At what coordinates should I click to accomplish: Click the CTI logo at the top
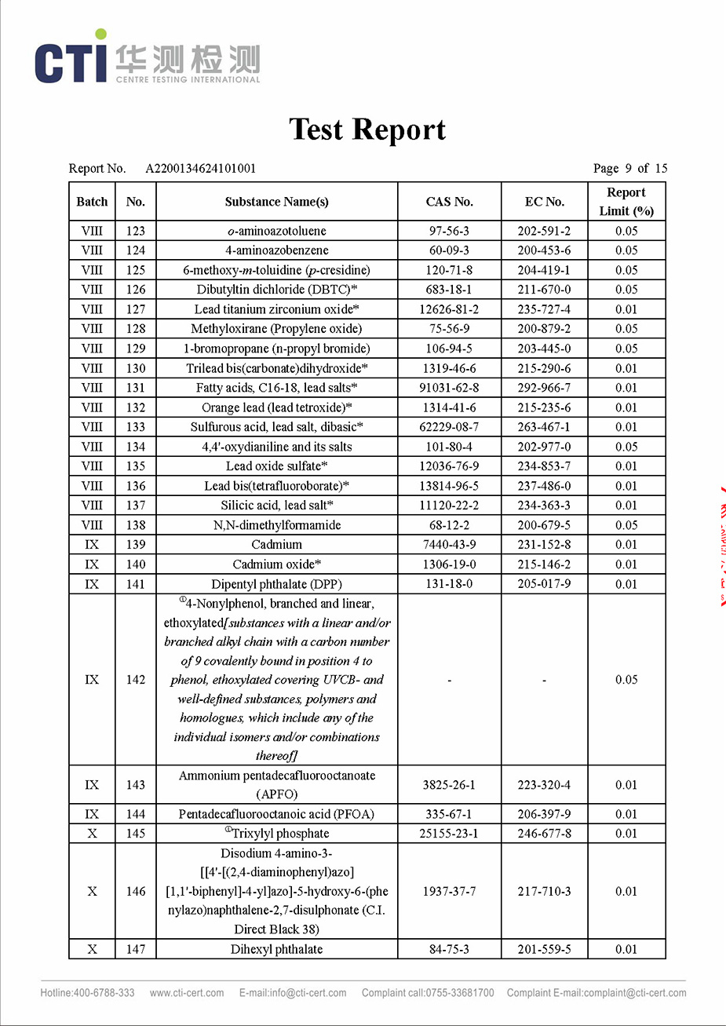tap(147, 59)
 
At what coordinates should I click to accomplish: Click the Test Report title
tap(367, 130)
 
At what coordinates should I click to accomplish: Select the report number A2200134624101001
tap(201, 168)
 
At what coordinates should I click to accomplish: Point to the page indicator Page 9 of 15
tap(630, 168)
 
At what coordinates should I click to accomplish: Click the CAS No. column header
tap(449, 202)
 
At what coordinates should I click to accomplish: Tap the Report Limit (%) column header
tap(626, 202)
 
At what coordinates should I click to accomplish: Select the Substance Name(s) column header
tap(276, 202)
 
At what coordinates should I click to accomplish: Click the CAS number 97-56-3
tap(449, 231)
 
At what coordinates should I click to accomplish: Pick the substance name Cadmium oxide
tap(276, 564)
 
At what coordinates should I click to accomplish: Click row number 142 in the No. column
tap(136, 680)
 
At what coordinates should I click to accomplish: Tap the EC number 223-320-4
tap(544, 785)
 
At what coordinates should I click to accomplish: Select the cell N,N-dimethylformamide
tap(276, 525)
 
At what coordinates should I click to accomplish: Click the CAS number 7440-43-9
tap(449, 545)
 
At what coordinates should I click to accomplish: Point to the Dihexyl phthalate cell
tap(276, 949)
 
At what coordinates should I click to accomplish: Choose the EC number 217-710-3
tap(544, 892)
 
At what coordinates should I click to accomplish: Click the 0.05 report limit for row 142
tap(626, 680)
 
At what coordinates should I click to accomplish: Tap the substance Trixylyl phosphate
tap(279, 834)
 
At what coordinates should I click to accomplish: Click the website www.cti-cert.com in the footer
tap(187, 993)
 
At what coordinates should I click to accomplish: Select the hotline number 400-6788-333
tap(104, 993)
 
